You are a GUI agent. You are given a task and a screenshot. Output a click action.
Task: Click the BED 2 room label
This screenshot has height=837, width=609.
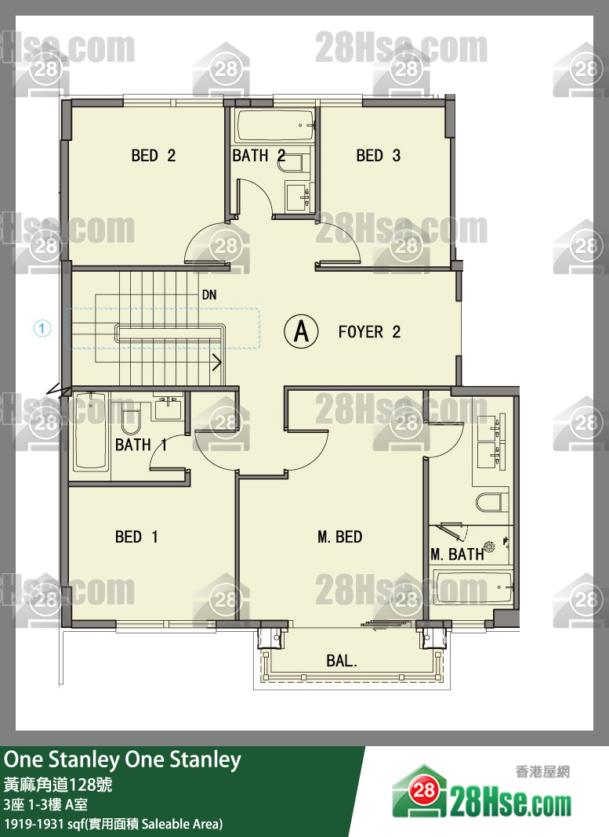(154, 155)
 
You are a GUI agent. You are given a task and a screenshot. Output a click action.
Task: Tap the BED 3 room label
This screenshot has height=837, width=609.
(379, 155)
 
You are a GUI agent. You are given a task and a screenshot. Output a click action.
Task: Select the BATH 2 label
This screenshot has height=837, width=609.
(259, 155)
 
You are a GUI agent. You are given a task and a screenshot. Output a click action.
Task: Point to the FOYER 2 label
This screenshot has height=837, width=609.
(369, 332)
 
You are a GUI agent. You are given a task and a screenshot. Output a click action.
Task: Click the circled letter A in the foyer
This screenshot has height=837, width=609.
(301, 331)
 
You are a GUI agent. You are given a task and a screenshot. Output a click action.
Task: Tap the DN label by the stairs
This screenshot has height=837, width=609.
(209, 294)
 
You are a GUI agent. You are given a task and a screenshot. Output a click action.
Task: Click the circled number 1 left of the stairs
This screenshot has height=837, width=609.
(42, 328)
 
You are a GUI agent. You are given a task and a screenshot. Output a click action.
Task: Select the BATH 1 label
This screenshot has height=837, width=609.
(142, 445)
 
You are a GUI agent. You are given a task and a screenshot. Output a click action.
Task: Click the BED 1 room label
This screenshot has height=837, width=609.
(136, 536)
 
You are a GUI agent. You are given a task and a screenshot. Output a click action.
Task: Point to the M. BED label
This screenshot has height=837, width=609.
(339, 536)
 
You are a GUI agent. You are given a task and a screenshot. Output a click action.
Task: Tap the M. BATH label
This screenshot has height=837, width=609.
(457, 554)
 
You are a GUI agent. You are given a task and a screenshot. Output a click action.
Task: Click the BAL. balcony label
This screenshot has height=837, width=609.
(342, 661)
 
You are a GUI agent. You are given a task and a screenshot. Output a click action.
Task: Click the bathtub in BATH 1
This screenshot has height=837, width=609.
(92, 432)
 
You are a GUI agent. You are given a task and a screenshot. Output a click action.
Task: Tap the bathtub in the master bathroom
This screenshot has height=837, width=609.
(473, 588)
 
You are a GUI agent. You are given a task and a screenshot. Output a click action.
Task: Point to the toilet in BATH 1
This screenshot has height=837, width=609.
(131, 418)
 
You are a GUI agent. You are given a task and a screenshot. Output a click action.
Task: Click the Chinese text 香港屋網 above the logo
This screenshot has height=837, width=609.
(542, 772)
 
